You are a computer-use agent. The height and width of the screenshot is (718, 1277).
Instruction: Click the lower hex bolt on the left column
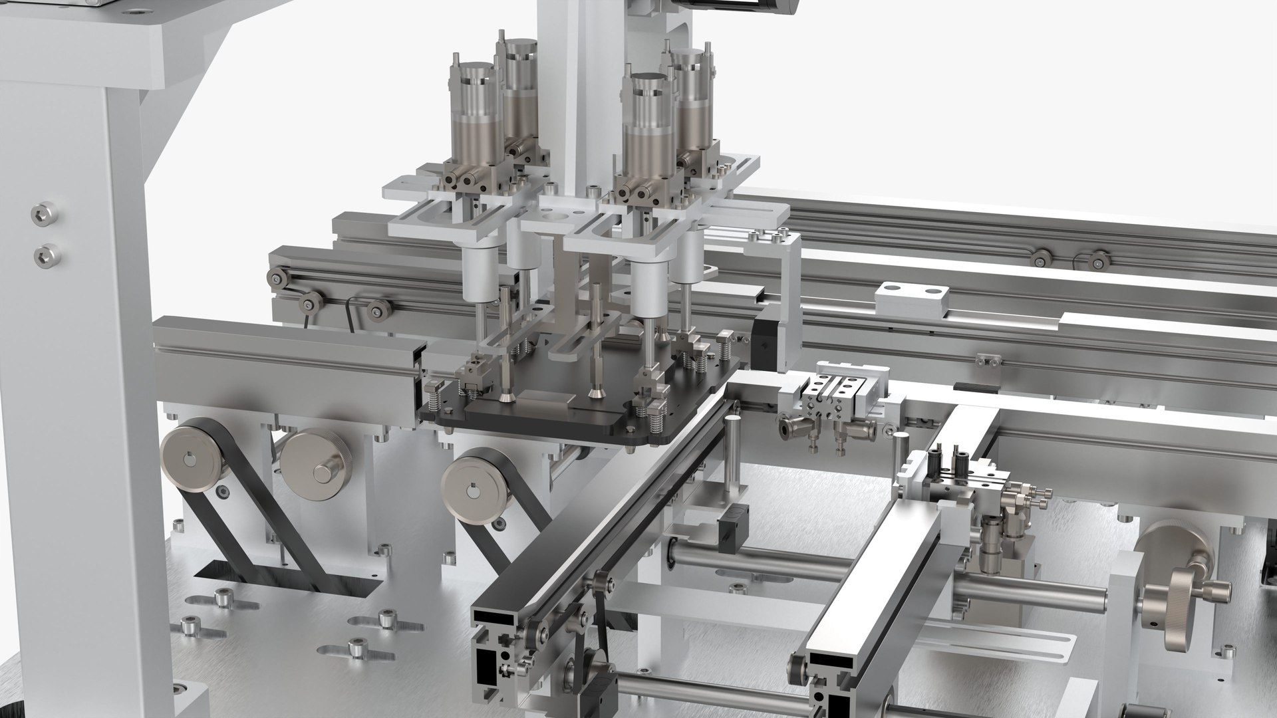tap(45, 253)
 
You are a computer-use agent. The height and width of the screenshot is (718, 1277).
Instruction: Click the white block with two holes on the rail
tap(911, 299)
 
